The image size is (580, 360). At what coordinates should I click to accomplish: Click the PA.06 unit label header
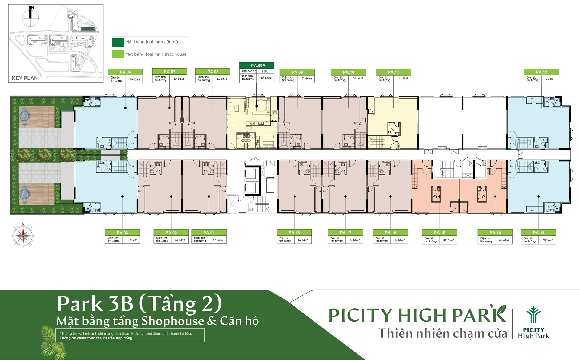point(125,72)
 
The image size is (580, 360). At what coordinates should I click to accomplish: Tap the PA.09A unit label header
point(257,65)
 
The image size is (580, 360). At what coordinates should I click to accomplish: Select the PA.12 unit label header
point(541,72)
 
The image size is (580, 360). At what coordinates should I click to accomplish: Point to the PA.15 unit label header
point(440,232)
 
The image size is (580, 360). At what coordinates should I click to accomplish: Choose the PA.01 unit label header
point(209,232)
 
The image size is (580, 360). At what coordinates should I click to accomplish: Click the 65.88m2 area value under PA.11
point(403,78)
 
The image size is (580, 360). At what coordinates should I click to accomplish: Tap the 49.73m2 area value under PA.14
point(504,240)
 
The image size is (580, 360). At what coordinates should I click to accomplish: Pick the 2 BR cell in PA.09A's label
point(265,71)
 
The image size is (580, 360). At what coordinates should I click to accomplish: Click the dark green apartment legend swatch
point(118,42)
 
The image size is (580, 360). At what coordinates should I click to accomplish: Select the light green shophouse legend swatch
point(118,54)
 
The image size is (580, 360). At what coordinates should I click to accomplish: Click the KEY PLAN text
point(25,78)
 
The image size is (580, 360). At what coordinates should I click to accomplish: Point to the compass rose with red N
point(23,236)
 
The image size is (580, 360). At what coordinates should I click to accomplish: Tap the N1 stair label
point(251,209)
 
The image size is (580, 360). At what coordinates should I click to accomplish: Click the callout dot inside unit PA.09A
point(257,106)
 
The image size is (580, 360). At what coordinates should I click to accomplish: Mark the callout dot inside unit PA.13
point(539,196)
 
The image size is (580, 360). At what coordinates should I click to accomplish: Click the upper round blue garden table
point(24,116)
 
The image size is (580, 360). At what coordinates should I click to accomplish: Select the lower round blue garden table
point(24,194)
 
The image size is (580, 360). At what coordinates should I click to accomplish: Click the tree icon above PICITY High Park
point(533,315)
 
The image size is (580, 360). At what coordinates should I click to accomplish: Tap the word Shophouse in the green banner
point(173,321)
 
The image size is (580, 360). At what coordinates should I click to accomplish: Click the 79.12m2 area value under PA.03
point(131,240)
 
